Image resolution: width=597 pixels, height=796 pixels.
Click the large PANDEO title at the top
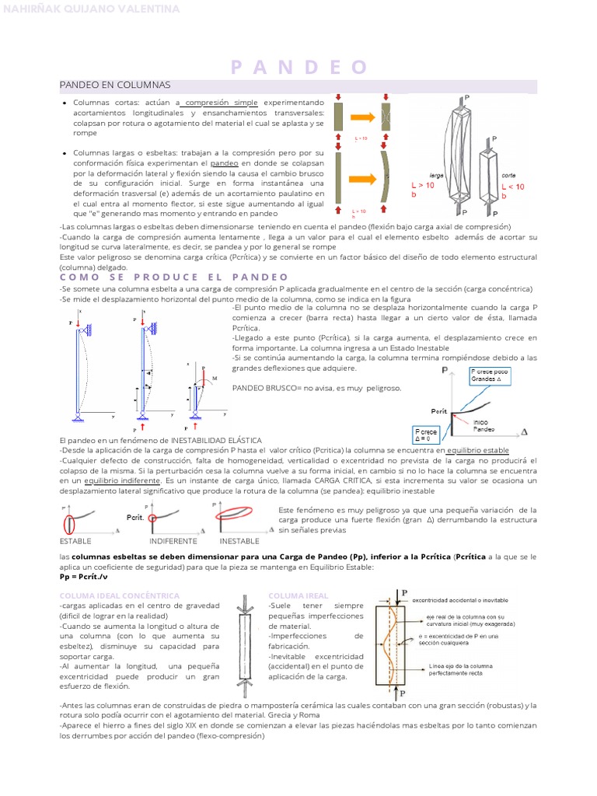[x=298, y=68]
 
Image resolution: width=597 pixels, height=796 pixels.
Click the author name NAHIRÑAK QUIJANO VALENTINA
[x=93, y=9]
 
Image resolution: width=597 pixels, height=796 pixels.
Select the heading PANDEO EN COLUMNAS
[x=115, y=84]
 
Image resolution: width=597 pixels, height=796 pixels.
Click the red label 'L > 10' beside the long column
[x=424, y=187]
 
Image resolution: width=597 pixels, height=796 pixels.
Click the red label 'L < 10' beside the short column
[x=513, y=187]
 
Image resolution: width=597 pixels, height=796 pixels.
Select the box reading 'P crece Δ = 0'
[x=427, y=434]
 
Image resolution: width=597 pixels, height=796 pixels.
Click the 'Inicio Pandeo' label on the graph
[x=484, y=424]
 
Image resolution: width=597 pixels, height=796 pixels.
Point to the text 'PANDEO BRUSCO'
[x=260, y=388]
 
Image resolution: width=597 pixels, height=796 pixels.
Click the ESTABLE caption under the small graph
[x=75, y=540]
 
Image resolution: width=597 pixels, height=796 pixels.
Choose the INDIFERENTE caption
[x=173, y=540]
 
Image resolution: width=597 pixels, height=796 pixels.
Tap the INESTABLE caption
[x=239, y=540]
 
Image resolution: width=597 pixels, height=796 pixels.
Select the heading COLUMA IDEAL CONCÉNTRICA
[x=120, y=595]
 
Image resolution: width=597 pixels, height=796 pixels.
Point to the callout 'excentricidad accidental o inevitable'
[x=464, y=600]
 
